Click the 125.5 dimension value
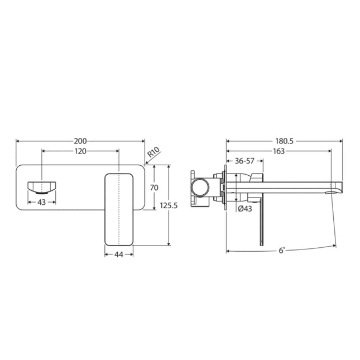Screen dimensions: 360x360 tap(168, 205)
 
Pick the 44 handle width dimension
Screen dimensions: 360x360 tap(119, 255)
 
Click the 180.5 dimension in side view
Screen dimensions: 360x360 tap(284, 142)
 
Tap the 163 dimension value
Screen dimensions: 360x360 tap(279, 151)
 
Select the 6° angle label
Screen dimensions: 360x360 tap(282, 251)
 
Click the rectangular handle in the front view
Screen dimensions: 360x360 tap(119, 208)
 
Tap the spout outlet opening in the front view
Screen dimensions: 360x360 tap(42, 186)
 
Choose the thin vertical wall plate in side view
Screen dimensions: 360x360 tap(225, 187)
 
